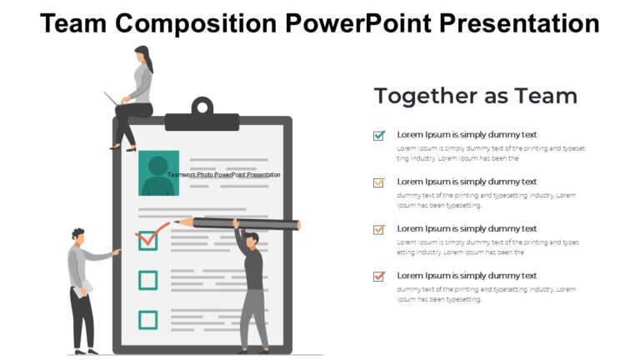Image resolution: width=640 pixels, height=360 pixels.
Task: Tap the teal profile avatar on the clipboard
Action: (158, 172)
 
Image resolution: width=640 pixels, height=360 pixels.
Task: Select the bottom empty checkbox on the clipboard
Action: (147, 319)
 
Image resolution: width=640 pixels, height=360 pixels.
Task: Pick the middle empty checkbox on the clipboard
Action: (147, 280)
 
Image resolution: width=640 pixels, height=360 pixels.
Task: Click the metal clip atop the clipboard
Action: (202, 107)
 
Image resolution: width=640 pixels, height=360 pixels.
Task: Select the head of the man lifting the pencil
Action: (252, 240)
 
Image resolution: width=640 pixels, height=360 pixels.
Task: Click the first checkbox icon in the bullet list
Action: (379, 135)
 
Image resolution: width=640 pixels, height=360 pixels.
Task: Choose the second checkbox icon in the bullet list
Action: (379, 182)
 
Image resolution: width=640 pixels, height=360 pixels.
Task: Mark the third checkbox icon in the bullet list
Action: (379, 229)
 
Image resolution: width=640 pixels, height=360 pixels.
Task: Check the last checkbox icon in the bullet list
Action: (379, 276)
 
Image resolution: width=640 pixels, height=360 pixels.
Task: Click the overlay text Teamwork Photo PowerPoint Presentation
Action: (223, 175)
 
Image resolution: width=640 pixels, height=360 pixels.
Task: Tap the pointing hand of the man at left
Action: (116, 250)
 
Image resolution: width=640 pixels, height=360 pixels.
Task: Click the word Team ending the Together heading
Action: (546, 96)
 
